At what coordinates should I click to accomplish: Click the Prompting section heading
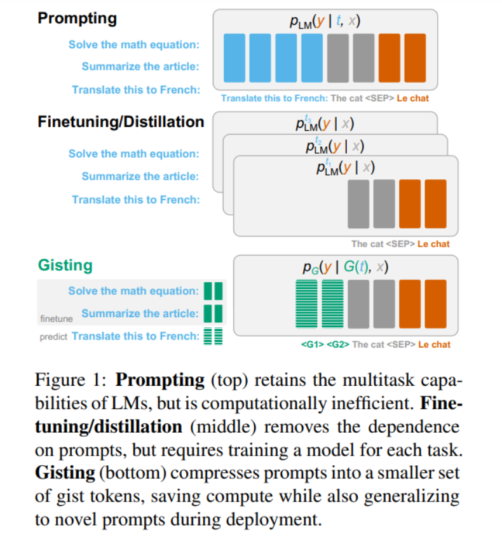77,18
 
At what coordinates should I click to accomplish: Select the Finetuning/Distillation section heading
121,121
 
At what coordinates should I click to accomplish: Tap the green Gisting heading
65,264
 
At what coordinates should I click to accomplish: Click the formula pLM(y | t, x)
324,22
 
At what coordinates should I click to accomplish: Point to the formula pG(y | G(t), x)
346,268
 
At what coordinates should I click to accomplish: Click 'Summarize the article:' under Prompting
140,67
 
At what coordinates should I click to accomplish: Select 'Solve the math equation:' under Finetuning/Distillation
133,154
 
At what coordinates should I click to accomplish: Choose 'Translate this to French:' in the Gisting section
135,336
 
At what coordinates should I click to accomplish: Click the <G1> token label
312,344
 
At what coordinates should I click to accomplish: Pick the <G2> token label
337,344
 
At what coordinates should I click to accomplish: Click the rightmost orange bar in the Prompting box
415,58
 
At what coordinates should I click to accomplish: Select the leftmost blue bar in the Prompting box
234,58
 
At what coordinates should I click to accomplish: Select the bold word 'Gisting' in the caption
61,474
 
